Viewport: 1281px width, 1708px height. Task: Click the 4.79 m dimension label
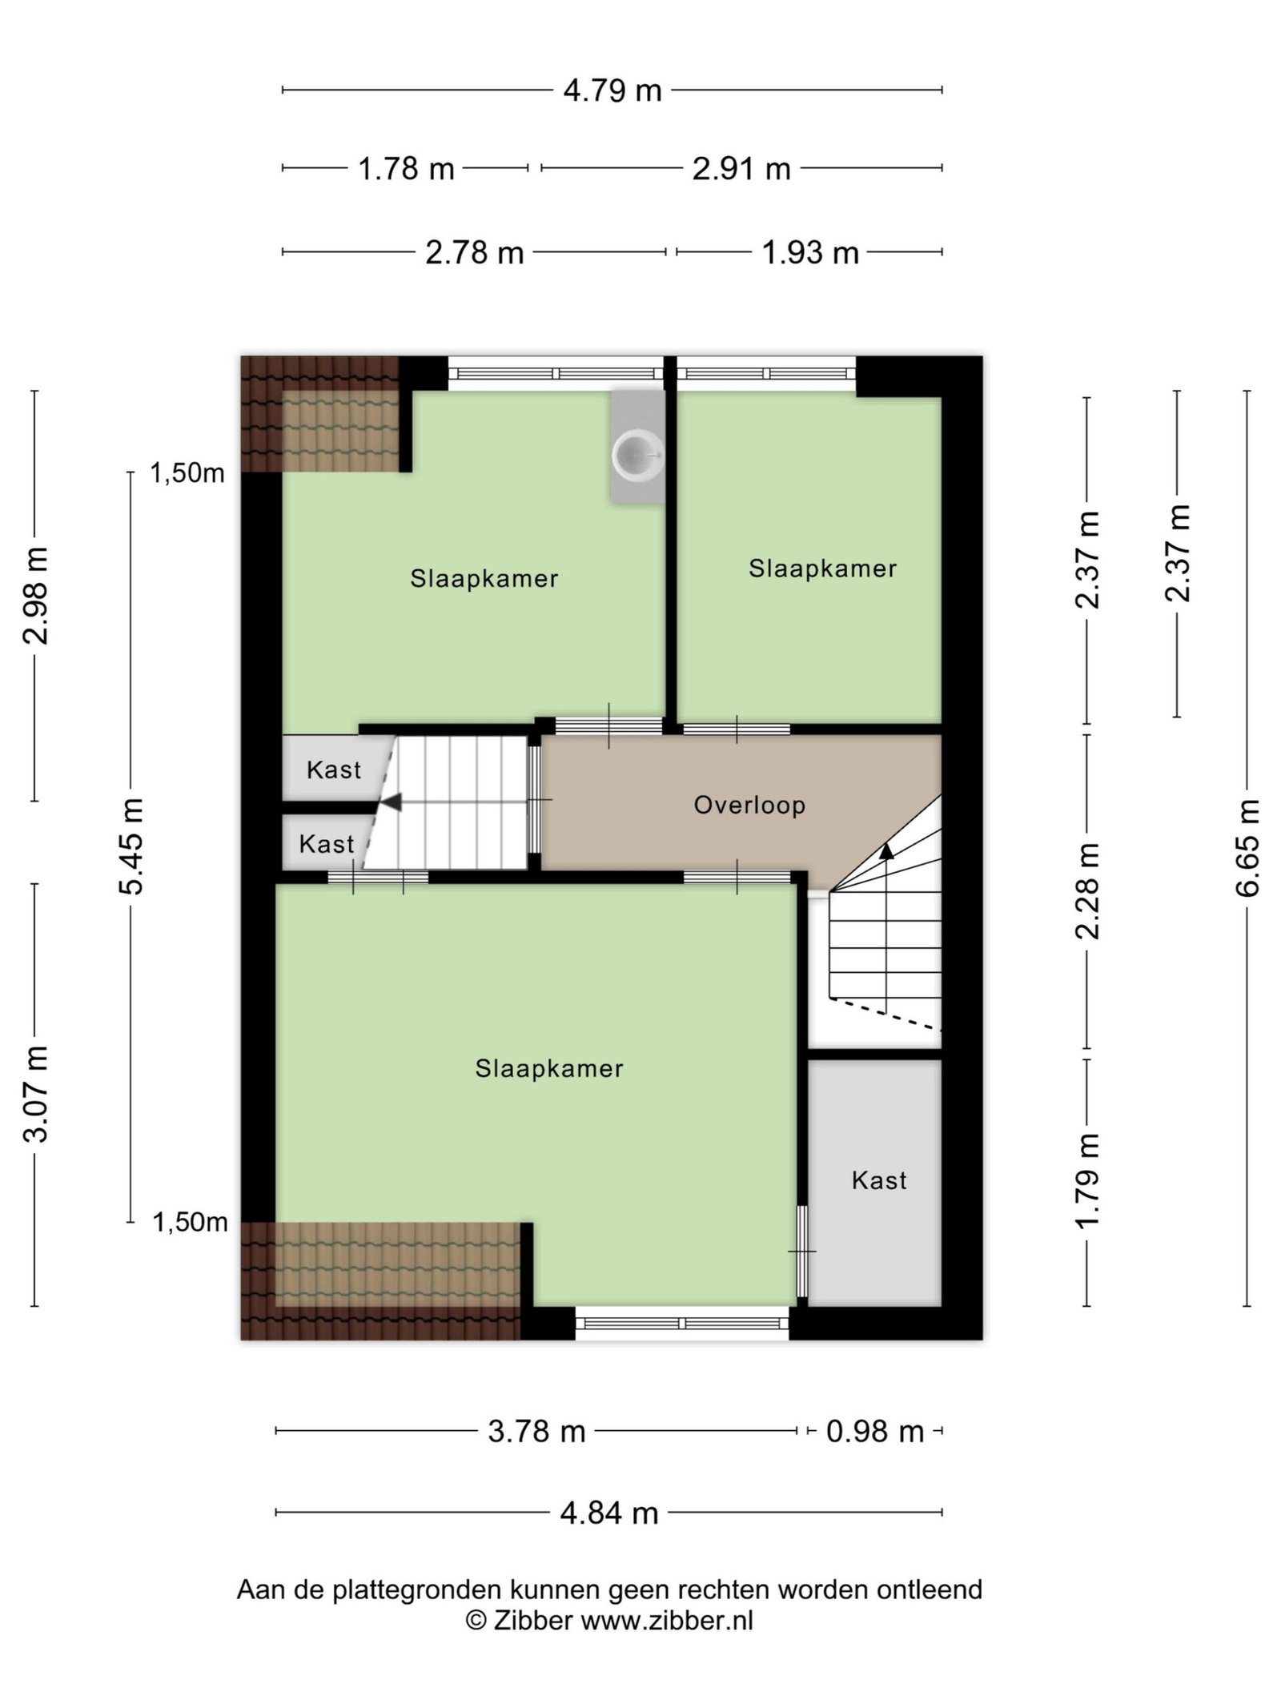612,90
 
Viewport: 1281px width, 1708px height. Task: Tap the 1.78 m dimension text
406,169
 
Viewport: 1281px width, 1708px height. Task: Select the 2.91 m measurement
741,169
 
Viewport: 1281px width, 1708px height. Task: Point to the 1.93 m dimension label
810,253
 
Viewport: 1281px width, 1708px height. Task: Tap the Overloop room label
749,805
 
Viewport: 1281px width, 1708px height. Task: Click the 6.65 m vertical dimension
1247,847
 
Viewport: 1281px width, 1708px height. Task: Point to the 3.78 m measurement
536,1431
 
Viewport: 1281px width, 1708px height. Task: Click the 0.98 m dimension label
875,1431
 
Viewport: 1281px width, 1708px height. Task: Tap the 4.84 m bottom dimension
609,1513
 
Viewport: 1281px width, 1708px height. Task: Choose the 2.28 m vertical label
1088,890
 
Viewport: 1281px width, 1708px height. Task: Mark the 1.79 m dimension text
1088,1180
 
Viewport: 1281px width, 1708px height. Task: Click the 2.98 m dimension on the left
36,595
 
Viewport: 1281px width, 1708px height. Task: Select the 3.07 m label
36,1093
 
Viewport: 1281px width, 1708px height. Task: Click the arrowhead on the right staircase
886,850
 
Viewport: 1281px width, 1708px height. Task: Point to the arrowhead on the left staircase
392,802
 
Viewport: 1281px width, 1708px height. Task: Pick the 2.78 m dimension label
474,253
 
